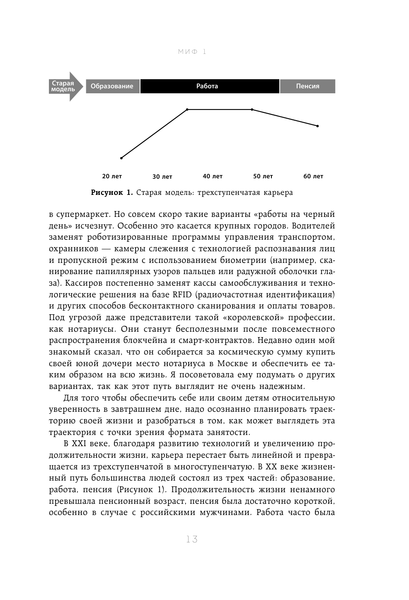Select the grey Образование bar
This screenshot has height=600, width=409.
[112, 86]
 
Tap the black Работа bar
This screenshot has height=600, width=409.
[209, 86]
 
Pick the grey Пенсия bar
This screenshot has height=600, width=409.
[307, 86]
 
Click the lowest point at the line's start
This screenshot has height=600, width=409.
[121, 158]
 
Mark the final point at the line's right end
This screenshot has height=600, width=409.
[317, 126]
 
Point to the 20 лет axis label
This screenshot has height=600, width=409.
[112, 176]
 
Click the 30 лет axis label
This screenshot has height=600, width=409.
[162, 177]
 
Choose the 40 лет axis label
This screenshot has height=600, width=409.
[213, 176]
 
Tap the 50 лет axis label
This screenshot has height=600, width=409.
[263, 176]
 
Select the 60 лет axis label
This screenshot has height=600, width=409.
[313, 176]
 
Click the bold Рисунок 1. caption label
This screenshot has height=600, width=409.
[112, 192]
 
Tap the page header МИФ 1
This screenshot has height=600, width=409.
[192, 52]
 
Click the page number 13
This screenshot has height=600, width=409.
[192, 539]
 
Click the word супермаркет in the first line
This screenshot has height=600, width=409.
[83, 216]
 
